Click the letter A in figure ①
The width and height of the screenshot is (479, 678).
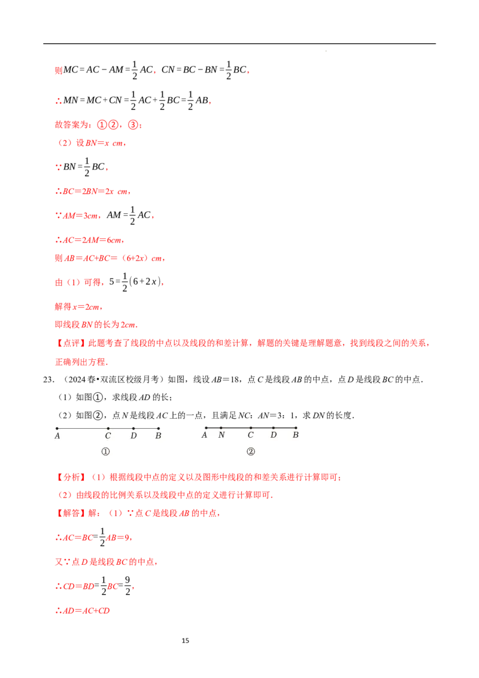click(x=57, y=436)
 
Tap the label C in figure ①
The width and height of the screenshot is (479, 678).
click(x=108, y=436)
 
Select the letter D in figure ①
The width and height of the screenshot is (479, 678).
click(x=134, y=436)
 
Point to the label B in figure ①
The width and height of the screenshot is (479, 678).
click(x=158, y=436)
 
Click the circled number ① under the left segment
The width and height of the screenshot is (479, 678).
click(x=106, y=452)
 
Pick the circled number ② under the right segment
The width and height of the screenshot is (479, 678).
click(x=251, y=452)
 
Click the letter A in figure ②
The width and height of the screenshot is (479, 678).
click(x=205, y=435)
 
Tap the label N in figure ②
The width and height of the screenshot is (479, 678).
click(x=222, y=435)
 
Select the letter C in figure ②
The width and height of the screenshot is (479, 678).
click(x=251, y=435)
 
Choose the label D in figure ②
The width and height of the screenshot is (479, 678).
click(x=274, y=435)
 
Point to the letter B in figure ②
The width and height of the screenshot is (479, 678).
click(x=296, y=435)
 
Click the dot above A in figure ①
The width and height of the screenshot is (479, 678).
click(x=57, y=428)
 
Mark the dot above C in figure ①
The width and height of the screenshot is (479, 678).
click(x=108, y=428)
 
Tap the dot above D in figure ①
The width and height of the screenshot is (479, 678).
click(x=134, y=428)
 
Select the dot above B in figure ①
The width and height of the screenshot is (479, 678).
click(x=158, y=428)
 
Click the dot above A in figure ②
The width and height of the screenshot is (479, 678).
click(x=206, y=428)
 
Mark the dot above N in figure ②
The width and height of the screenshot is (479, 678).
click(x=221, y=428)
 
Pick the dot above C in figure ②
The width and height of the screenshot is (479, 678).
click(x=251, y=428)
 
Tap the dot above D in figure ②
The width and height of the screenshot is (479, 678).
click(x=274, y=428)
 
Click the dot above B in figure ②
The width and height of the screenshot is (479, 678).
click(x=296, y=428)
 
